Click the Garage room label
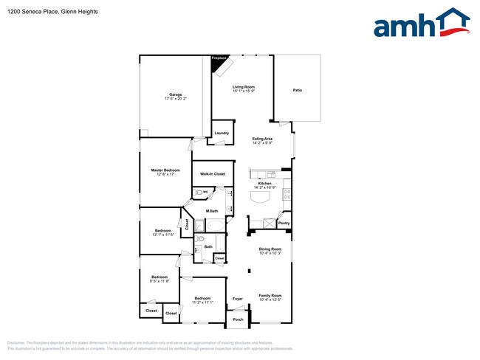(176, 94)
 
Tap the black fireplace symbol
(218, 65)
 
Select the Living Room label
(244, 87)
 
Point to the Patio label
(297, 90)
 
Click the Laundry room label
(222, 133)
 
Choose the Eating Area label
(263, 139)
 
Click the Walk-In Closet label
(212, 174)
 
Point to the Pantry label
(284, 223)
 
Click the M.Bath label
(211, 211)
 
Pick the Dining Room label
(270, 249)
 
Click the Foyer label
(238, 299)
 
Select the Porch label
(238, 319)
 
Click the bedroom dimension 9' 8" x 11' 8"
(160, 281)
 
